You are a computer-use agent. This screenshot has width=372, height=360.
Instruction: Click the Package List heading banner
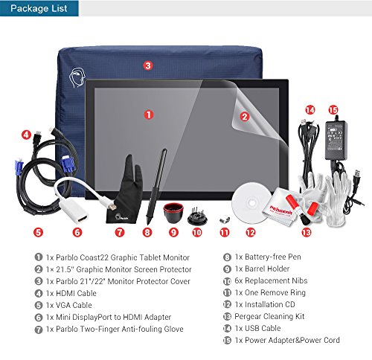coord(39,8)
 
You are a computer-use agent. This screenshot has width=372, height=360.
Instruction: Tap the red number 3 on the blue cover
coord(148,65)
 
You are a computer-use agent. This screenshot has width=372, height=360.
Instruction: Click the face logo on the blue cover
coord(77,77)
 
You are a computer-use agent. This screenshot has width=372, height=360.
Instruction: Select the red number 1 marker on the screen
coord(149,115)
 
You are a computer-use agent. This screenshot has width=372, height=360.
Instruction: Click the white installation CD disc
coord(251,203)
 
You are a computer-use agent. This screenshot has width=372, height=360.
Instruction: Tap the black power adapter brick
coord(336,140)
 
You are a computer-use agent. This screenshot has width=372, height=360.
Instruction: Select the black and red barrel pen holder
coord(173,213)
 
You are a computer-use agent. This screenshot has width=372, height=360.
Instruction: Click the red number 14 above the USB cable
coord(310,110)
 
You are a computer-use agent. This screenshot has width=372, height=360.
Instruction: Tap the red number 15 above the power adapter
coord(333,110)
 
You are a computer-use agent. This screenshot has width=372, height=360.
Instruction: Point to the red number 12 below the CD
coord(251,233)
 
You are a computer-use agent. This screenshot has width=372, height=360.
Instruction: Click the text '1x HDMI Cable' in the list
coord(71,293)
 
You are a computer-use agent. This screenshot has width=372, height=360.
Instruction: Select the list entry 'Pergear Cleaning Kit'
coord(269,316)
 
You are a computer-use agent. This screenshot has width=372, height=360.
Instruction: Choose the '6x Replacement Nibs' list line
coord(271,280)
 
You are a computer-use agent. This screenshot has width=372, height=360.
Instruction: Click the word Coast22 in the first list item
coord(94,257)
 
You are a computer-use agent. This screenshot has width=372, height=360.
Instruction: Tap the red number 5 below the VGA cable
coord(38,233)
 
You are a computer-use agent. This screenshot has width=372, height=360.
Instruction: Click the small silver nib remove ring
coord(225,219)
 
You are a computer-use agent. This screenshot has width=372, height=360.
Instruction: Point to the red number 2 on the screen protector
coord(245,117)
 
